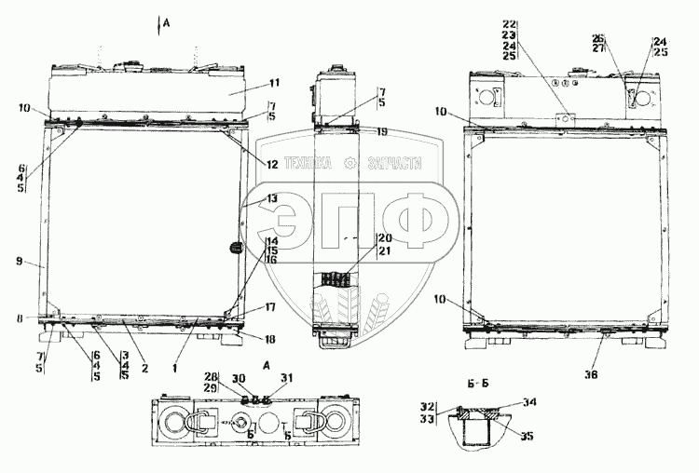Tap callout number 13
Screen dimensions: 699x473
coord(272,198)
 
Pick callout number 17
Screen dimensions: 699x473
coord(270,306)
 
